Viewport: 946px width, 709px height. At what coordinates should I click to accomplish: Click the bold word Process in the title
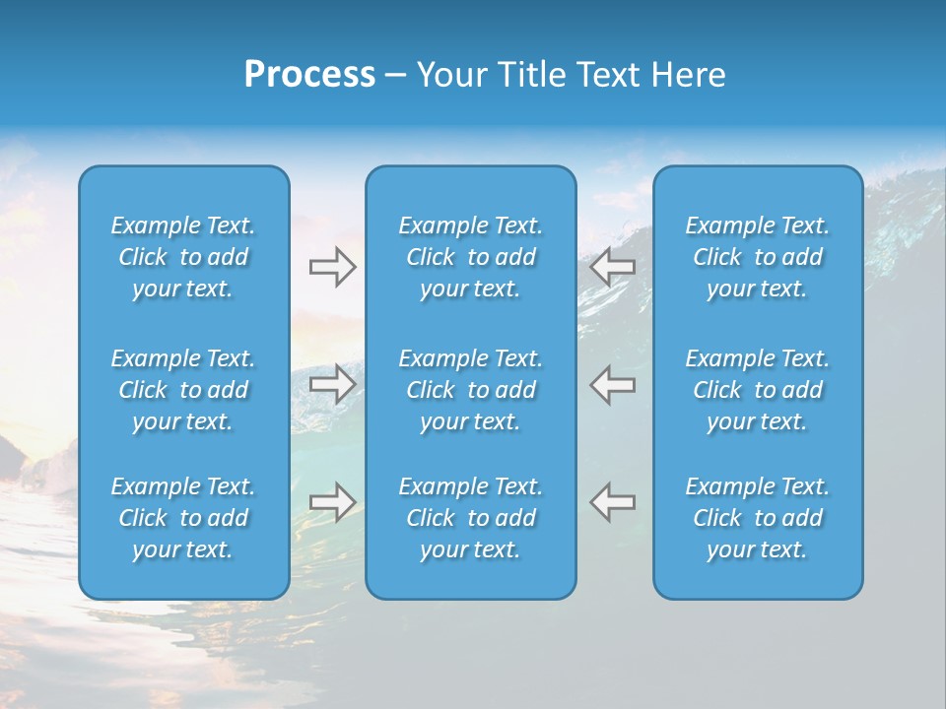(309, 75)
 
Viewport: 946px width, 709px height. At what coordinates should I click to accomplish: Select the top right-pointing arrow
(332, 266)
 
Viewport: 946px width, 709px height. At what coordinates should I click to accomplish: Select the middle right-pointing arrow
(332, 383)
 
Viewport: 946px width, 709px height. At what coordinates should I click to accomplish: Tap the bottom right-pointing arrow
(332, 501)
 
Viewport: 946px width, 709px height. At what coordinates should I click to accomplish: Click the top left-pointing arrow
(612, 266)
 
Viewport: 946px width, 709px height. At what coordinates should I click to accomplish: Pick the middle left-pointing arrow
(612, 383)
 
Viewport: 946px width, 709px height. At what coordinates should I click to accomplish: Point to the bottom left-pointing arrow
(612, 501)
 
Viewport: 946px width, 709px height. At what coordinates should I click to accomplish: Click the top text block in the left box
(183, 257)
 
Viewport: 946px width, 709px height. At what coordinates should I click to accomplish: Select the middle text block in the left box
(183, 390)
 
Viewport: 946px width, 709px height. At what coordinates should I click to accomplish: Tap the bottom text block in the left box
(183, 518)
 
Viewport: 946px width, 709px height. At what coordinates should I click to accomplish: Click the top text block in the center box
(471, 257)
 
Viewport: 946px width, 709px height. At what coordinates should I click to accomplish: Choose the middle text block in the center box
(471, 390)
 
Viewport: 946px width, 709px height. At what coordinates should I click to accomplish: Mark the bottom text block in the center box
(471, 518)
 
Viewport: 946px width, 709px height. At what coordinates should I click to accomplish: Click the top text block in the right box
(758, 257)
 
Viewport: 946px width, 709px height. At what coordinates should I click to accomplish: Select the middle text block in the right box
(758, 390)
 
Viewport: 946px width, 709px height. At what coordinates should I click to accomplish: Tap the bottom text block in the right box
(758, 518)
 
